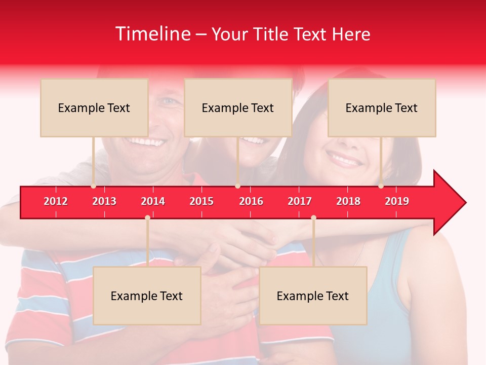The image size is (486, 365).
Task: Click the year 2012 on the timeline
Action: pyautogui.click(x=56, y=201)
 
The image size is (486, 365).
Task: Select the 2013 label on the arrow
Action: pyautogui.click(x=104, y=201)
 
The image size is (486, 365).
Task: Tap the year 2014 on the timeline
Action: pyautogui.click(x=153, y=201)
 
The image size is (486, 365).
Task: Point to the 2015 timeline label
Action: pyautogui.click(x=201, y=201)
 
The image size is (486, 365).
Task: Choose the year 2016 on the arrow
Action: pyautogui.click(x=251, y=201)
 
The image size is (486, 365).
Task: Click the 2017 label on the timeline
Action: pyautogui.click(x=300, y=201)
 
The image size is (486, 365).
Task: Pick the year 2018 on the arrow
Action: pyautogui.click(x=348, y=201)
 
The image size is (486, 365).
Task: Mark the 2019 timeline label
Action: pyautogui.click(x=397, y=201)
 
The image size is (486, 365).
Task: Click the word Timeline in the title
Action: pyautogui.click(x=152, y=34)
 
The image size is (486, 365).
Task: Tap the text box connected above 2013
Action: pyautogui.click(x=94, y=107)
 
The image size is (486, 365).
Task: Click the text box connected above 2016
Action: pyautogui.click(x=238, y=107)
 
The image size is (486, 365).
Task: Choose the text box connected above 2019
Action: pyautogui.click(x=382, y=107)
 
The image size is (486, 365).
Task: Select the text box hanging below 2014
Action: pyautogui.click(x=147, y=296)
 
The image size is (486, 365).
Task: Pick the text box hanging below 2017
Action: pyautogui.click(x=313, y=296)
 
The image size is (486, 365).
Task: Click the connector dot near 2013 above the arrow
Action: pyautogui.click(x=94, y=186)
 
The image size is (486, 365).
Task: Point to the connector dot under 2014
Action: pyautogui.click(x=147, y=217)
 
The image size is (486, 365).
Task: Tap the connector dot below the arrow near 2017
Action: pyautogui.click(x=313, y=217)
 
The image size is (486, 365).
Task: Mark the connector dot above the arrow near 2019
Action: pyautogui.click(x=381, y=186)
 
